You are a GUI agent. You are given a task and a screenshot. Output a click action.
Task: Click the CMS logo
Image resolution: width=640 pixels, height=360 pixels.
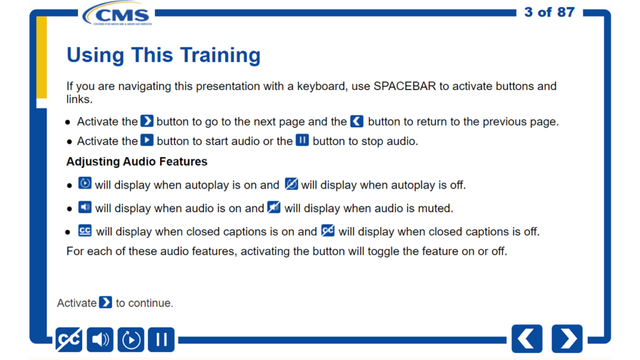tap(117, 14)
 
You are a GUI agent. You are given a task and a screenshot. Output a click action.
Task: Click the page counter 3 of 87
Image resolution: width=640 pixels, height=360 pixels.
tap(549, 12)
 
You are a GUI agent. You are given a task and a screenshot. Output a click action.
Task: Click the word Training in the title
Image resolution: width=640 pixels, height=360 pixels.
tap(221, 55)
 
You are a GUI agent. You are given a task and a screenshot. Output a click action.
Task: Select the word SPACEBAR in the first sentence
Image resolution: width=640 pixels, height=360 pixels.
tap(404, 86)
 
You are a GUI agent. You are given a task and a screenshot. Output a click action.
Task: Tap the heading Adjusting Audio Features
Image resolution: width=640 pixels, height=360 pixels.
tap(137, 162)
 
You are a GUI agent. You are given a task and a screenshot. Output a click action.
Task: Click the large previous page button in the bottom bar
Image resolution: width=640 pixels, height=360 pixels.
tap(527, 339)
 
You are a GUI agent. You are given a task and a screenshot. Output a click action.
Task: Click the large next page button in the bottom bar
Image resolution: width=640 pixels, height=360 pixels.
tap(567, 339)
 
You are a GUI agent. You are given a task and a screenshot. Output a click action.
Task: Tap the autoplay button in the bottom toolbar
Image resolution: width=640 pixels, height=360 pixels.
tap(131, 339)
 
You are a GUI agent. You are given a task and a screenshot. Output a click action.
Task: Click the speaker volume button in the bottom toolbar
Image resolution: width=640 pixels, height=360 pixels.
tap(100, 339)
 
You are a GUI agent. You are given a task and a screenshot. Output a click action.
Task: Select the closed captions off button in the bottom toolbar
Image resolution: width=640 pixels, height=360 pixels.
tap(69, 339)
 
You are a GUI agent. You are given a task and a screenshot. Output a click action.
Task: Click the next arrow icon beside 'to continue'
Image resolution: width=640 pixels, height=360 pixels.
tap(106, 302)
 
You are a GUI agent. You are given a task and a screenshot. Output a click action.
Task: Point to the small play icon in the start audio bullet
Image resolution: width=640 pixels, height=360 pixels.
tap(147, 140)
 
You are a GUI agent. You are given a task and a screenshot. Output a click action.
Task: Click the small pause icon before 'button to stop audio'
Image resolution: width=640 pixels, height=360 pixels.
tap(302, 140)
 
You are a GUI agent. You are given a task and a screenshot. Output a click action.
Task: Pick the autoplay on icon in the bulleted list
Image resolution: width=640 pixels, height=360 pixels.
tap(85, 183)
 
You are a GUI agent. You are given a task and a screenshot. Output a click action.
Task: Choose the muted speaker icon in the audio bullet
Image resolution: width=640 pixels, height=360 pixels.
tap(274, 207)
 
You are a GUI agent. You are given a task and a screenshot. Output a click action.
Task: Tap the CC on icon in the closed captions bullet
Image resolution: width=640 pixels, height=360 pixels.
tap(85, 231)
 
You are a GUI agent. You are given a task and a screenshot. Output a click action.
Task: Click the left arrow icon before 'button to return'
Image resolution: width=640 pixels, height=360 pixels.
tap(357, 121)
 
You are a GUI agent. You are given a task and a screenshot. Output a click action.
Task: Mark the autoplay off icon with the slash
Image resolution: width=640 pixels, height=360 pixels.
tap(291, 184)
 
